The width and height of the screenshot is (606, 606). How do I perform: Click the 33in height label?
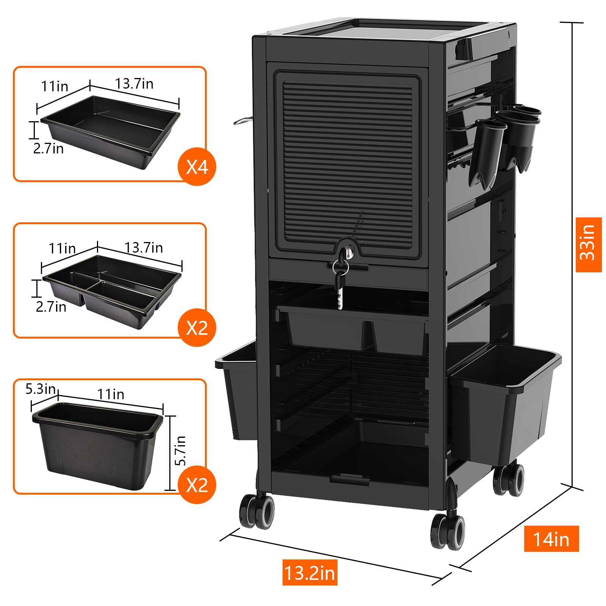(588, 245)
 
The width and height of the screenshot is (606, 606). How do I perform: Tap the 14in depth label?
(551, 539)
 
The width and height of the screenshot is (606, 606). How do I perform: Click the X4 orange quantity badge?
(197, 166)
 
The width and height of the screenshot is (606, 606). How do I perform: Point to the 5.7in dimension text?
(181, 450)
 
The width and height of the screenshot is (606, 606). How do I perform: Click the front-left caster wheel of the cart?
(256, 511)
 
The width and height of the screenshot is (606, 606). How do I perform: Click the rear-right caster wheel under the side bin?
(509, 479)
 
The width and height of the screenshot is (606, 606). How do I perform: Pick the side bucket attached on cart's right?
(506, 401)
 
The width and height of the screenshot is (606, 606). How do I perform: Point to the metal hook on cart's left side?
(242, 120)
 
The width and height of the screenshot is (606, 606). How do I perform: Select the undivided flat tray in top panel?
(110, 131)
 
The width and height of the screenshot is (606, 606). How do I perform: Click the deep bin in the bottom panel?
(98, 445)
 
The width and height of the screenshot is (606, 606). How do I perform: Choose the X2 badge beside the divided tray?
(197, 327)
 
